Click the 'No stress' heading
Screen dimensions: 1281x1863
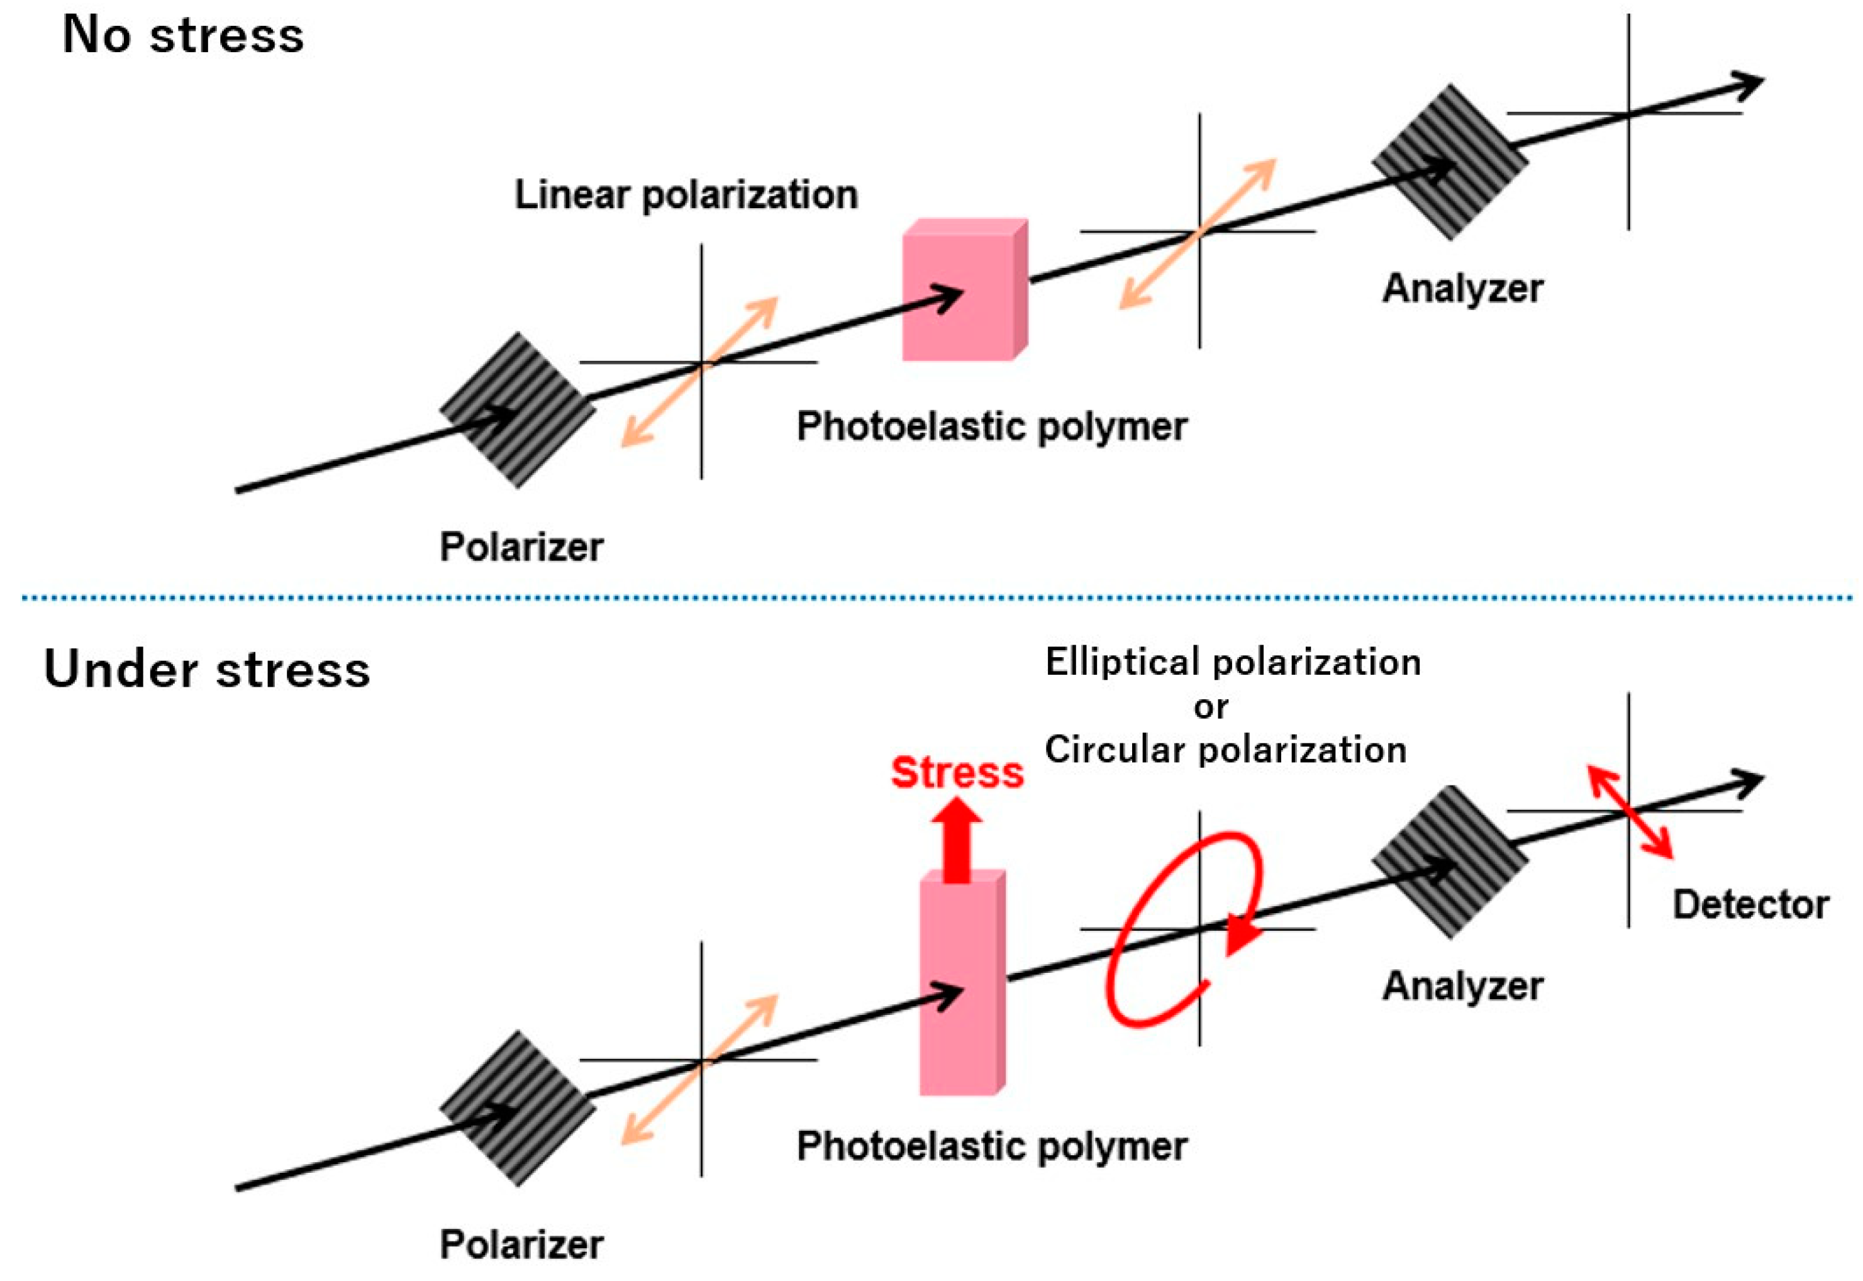tap(183, 36)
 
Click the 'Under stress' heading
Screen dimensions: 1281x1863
tap(206, 670)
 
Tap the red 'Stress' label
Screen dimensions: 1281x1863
tap(957, 772)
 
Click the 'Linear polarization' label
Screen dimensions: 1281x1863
tap(686, 195)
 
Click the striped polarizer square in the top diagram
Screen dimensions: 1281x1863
tap(517, 410)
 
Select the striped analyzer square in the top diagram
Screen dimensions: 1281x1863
tap(1450, 163)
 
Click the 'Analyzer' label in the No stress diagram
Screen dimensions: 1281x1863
tap(1462, 289)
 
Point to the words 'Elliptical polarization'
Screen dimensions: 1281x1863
tap(1232, 663)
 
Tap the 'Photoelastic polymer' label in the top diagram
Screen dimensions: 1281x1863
tap(991, 426)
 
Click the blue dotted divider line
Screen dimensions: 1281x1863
tap(931, 598)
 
